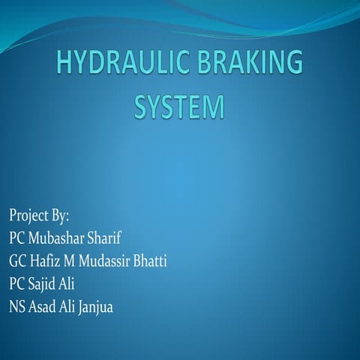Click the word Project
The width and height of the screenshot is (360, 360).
pyautogui.click(x=29, y=217)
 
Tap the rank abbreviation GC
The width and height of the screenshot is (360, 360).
pyautogui.click(x=17, y=262)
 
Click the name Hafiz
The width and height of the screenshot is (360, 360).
pyautogui.click(x=46, y=262)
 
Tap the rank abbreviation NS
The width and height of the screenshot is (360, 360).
pyautogui.click(x=17, y=306)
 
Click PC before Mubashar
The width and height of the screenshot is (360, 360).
pyautogui.click(x=17, y=239)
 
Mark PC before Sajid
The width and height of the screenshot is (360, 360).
pyautogui.click(x=17, y=283)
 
